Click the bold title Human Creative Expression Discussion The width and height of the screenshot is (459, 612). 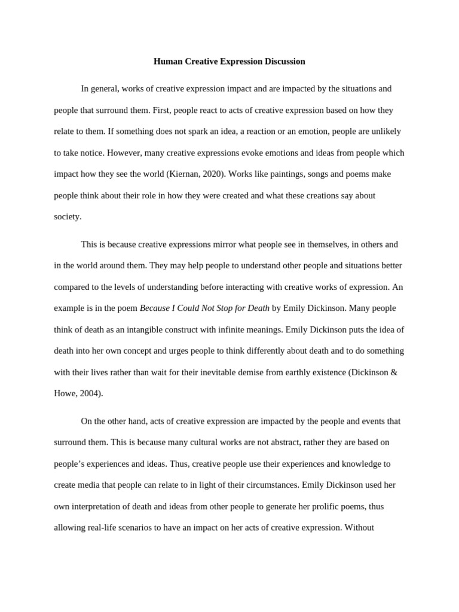point(229,62)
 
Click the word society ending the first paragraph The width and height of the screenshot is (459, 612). point(67,216)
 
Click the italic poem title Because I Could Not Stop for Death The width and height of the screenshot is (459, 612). point(204,308)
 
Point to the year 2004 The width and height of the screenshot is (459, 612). point(90,393)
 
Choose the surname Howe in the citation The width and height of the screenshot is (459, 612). point(65,393)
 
